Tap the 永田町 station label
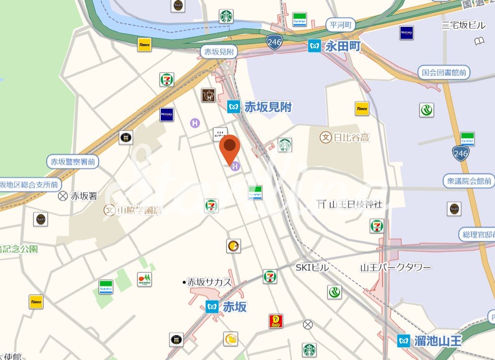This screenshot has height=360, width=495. (x=343, y=47)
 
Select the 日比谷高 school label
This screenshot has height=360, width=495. (x=351, y=137)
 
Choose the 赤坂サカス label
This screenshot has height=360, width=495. (x=209, y=282)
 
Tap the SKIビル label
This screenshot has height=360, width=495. (x=312, y=267)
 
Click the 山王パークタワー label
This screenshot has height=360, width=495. (x=396, y=267)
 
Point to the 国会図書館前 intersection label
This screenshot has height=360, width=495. (x=444, y=73)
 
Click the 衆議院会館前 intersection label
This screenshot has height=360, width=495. (x=469, y=181)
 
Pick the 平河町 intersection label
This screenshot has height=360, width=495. (x=341, y=24)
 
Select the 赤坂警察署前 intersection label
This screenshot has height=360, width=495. (x=73, y=161)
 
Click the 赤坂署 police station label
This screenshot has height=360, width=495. (x=84, y=196)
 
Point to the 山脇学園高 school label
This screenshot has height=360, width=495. (x=139, y=210)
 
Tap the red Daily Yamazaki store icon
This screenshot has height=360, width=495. (x=276, y=321)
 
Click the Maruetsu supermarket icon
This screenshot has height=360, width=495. (x=145, y=279)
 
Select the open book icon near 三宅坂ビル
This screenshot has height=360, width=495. (x=479, y=41)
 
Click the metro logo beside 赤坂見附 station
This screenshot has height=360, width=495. (x=234, y=106)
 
